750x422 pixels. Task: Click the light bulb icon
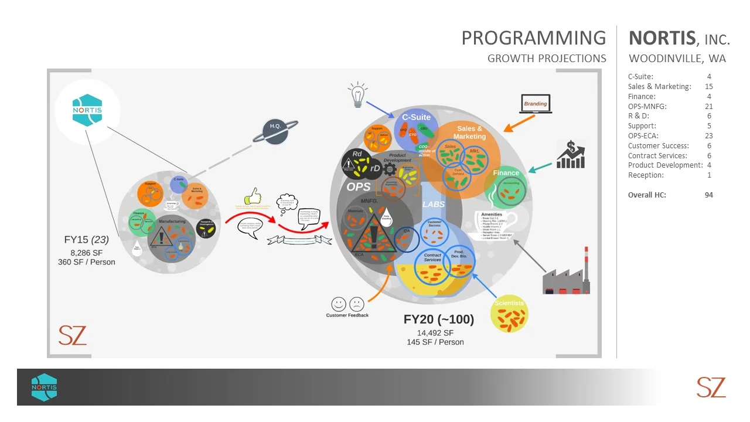click(x=357, y=95)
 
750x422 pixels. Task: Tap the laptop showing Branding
click(x=535, y=104)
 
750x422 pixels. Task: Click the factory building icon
click(x=566, y=275)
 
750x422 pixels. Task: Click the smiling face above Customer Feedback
click(x=339, y=304)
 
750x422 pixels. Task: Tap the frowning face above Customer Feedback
click(x=356, y=304)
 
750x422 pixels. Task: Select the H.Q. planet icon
click(x=275, y=129)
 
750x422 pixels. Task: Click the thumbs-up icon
click(x=253, y=196)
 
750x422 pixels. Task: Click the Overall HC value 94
click(x=709, y=195)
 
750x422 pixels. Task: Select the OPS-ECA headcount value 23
click(x=709, y=136)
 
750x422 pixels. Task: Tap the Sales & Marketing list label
click(x=659, y=87)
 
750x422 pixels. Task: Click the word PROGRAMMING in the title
click(x=533, y=38)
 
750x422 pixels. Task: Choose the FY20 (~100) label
click(x=438, y=319)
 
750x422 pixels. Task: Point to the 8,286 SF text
click(x=87, y=253)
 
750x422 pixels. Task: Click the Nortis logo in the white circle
click(x=87, y=110)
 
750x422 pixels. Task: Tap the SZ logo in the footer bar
click(x=711, y=387)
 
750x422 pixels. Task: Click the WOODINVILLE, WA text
click(x=677, y=59)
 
